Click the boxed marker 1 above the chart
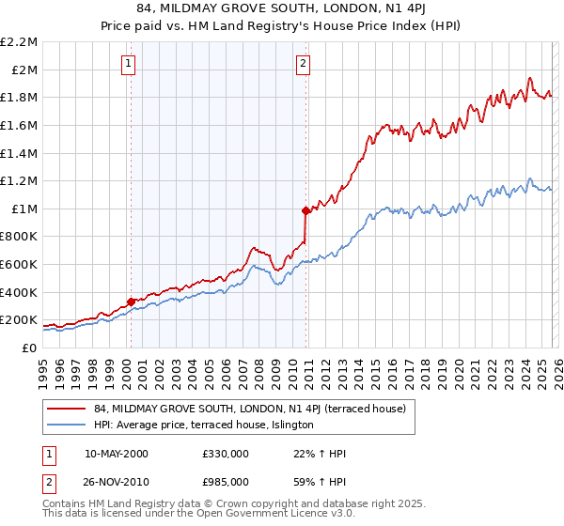128,64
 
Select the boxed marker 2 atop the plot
304,64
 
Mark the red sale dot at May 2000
131,302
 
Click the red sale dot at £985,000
305,210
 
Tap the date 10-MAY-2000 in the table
116,454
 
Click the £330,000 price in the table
225,454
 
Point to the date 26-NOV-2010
116,480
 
